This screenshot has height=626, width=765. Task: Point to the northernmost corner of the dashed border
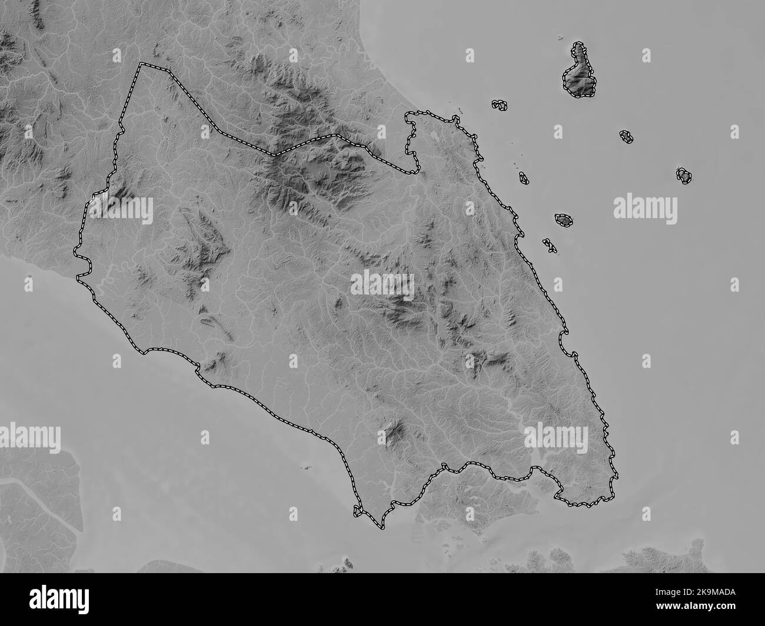140,64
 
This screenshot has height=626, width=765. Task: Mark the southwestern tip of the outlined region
357,513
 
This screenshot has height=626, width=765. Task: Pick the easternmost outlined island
684,175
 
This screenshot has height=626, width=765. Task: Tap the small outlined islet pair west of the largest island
500,105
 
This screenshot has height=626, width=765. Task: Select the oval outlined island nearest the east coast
564,220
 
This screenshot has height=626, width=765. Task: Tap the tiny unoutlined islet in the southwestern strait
305,468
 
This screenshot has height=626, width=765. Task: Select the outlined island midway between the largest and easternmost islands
627,137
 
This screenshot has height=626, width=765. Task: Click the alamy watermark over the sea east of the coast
645,207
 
